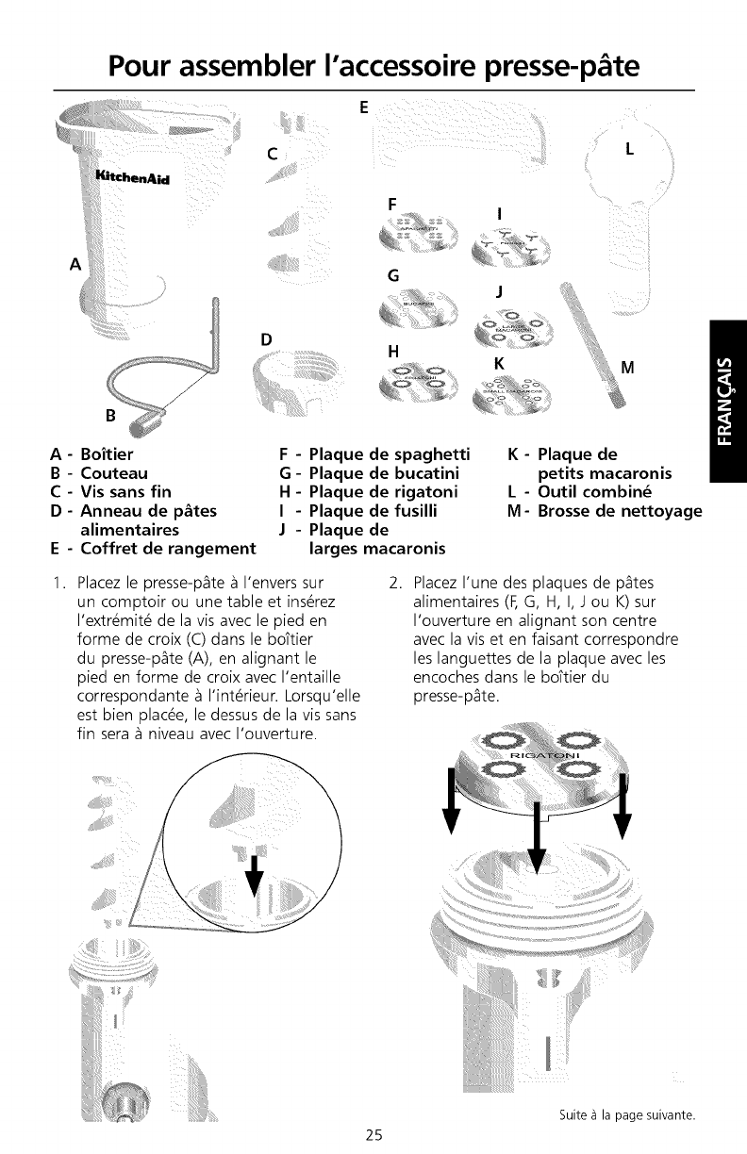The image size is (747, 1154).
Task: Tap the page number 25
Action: pos(373,1134)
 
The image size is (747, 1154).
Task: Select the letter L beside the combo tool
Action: pos(630,148)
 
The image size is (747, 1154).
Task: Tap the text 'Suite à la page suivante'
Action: pos(620,1115)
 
